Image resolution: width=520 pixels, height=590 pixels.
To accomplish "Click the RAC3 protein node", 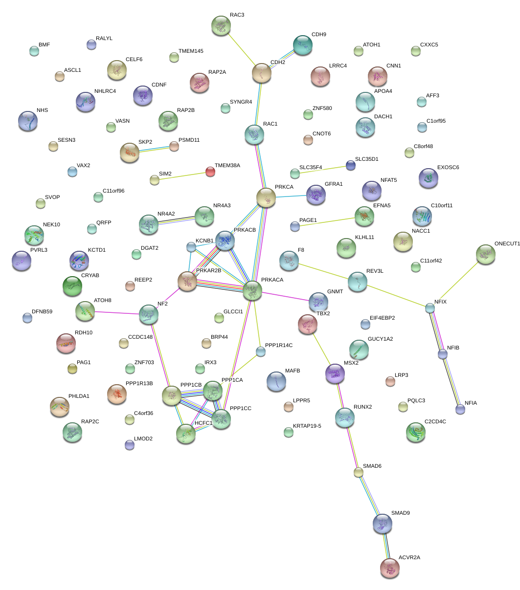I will click(221, 25).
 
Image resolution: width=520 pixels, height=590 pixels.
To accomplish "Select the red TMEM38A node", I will click(210, 172).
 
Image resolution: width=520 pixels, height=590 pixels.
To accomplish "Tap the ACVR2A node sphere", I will click(389, 568).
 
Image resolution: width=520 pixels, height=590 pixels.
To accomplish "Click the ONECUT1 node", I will click(485, 254).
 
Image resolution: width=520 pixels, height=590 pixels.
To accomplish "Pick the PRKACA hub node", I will click(252, 290).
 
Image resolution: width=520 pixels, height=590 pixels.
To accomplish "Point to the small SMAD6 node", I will click(359, 472).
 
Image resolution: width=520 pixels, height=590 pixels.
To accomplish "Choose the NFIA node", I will click(460, 409).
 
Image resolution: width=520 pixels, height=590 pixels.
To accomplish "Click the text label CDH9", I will click(318, 35).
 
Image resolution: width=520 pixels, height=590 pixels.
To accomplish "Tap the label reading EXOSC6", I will click(448, 168).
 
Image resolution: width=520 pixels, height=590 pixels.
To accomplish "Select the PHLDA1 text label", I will click(79, 396).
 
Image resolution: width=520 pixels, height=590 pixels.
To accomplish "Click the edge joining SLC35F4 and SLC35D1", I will click(323, 170).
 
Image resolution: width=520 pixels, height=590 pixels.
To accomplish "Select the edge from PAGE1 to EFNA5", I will click(329, 221).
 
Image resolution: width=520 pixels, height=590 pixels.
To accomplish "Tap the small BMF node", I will click(34, 50).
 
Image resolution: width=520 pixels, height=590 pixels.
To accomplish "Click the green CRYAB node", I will click(72, 286).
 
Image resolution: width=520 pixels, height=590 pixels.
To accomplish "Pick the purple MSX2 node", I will click(335, 374).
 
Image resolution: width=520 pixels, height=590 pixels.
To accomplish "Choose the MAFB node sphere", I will click(276, 381).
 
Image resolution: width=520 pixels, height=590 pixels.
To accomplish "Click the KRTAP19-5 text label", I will click(307, 426).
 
